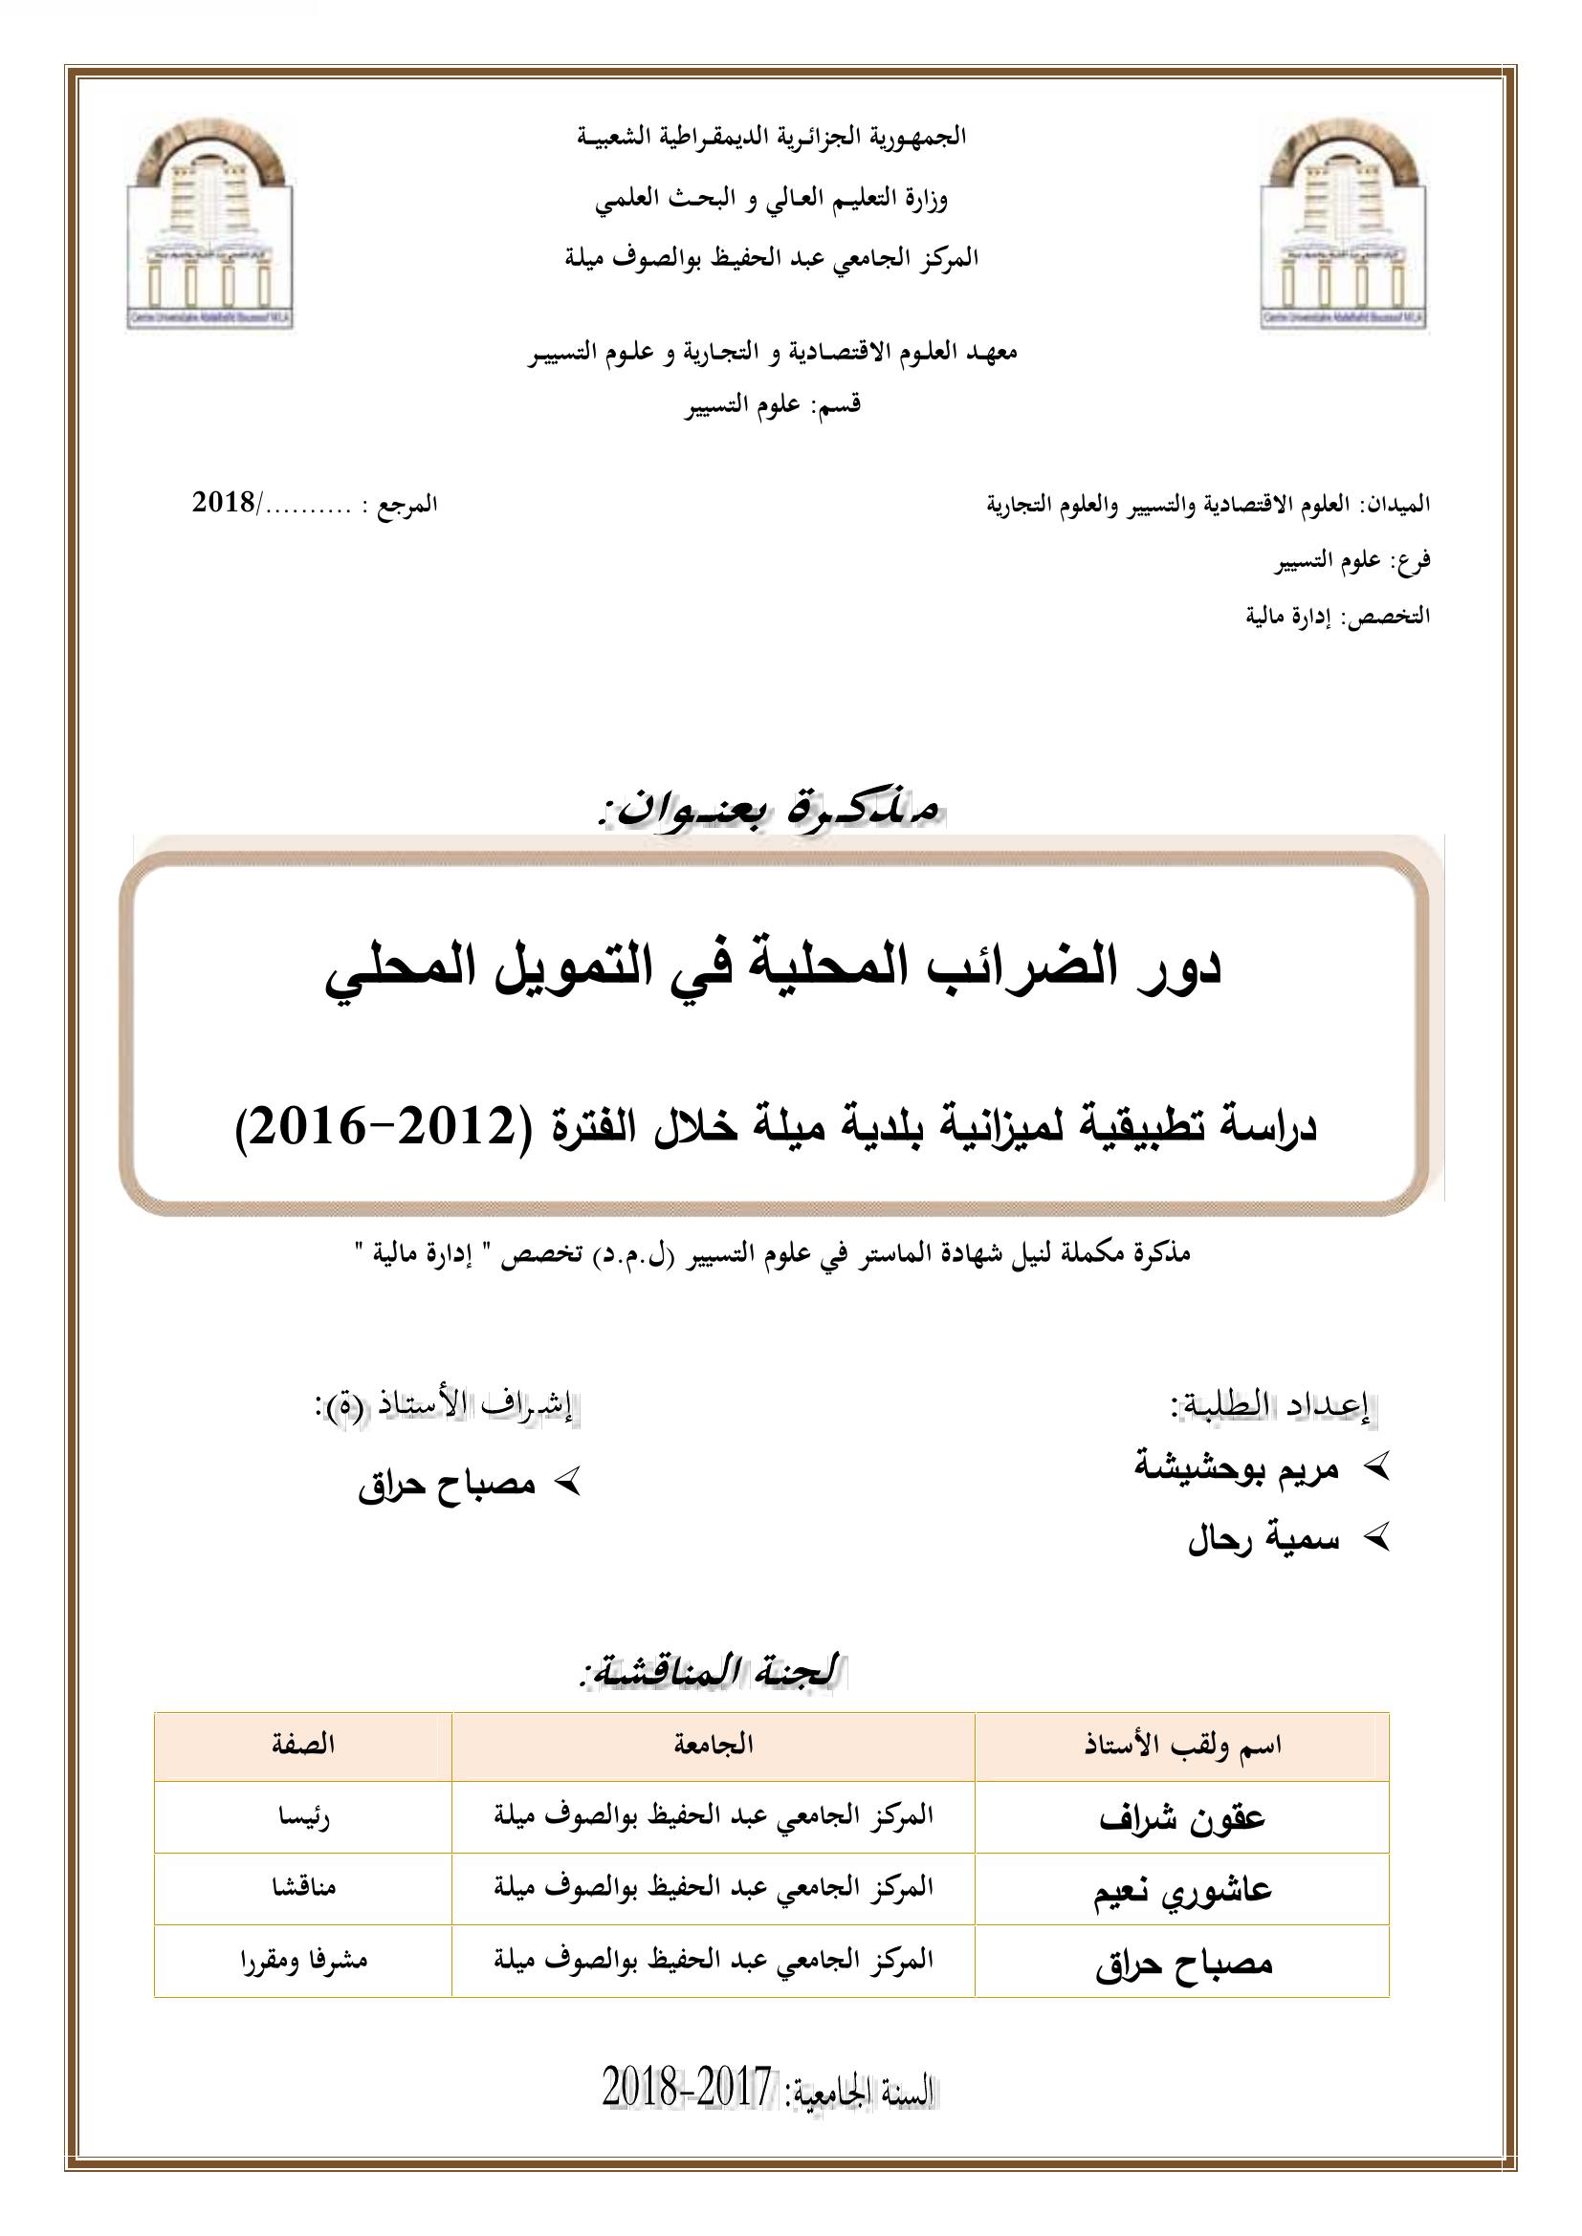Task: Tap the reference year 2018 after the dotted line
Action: (x=223, y=505)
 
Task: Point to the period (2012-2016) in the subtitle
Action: (x=379, y=1129)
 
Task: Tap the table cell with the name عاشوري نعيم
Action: (x=1182, y=1889)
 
